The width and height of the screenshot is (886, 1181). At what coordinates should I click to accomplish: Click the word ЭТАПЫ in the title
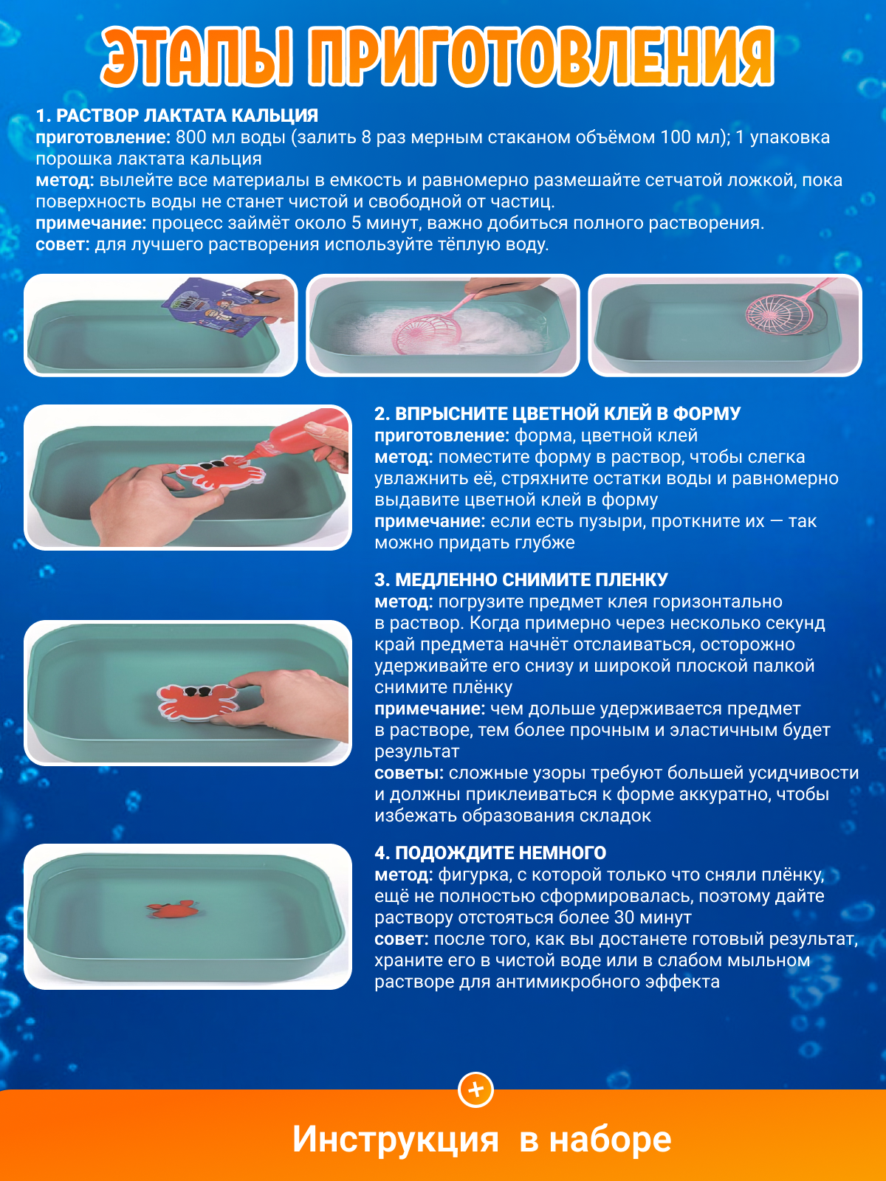click(197, 57)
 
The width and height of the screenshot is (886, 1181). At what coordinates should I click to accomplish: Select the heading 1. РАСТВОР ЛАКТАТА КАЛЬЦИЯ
click(177, 115)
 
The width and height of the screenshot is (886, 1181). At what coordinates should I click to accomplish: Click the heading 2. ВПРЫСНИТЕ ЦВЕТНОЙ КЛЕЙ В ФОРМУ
click(557, 413)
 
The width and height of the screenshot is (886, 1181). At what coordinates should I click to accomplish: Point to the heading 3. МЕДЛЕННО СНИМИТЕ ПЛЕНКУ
click(521, 579)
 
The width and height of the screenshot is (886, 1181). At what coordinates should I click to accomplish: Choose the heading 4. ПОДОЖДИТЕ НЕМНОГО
click(490, 853)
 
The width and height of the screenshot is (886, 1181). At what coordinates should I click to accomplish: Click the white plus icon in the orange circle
click(475, 1089)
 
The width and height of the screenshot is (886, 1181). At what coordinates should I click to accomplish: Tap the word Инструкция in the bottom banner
click(396, 1140)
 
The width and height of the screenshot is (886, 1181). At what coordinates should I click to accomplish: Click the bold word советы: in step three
click(409, 773)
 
